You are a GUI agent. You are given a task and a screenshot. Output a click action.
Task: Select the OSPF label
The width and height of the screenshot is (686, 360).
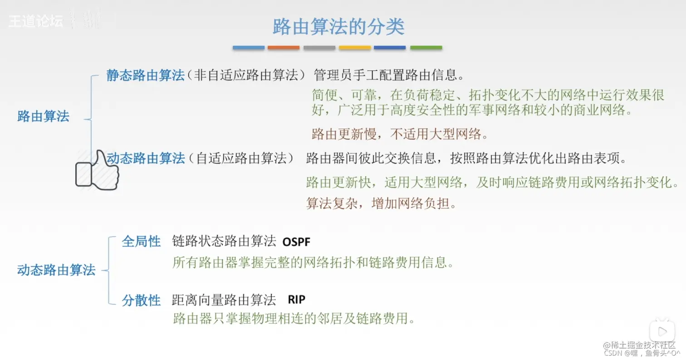(296, 242)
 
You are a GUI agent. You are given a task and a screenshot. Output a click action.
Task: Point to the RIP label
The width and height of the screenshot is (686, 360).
(297, 300)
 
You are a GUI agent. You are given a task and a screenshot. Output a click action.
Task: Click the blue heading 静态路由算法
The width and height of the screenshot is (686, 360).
(145, 75)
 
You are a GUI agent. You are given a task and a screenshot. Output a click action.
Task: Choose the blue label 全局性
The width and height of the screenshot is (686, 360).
(141, 242)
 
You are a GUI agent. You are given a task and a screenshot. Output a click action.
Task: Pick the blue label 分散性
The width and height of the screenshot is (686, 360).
(141, 300)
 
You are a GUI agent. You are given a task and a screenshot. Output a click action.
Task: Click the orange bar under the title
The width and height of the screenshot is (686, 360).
(284, 47)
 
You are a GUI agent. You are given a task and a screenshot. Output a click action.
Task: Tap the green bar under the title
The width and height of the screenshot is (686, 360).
(426, 47)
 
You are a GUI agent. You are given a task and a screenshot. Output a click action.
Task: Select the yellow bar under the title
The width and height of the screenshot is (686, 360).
(355, 47)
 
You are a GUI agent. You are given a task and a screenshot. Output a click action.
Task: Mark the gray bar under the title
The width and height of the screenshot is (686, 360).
(319, 47)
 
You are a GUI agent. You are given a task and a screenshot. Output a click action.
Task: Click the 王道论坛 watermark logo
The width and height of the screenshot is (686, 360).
(36, 21)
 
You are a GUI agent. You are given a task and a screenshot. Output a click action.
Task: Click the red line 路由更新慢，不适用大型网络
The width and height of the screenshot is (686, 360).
(399, 134)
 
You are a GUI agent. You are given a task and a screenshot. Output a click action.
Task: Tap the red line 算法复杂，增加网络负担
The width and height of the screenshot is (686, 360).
(381, 203)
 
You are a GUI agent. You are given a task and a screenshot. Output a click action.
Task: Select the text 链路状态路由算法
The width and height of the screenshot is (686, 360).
(224, 241)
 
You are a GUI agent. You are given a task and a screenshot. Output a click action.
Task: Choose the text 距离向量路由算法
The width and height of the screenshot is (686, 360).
(224, 300)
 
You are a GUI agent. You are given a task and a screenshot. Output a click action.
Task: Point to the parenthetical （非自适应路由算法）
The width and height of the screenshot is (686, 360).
(249, 75)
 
